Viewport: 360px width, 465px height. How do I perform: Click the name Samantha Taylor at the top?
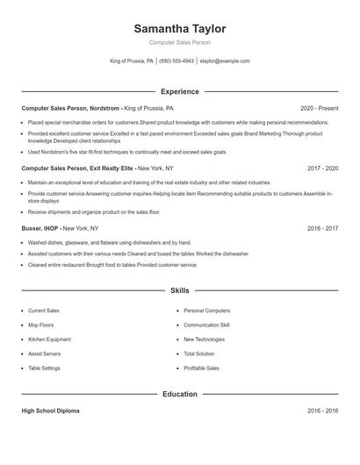[x=179, y=29]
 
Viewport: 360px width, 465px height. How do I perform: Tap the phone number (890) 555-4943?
[x=176, y=61]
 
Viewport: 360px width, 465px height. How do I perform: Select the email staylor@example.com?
[x=225, y=61]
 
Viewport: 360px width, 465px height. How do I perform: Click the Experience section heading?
[x=179, y=91]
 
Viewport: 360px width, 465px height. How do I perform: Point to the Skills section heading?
[x=179, y=290]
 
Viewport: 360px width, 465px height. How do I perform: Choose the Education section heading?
[x=179, y=394]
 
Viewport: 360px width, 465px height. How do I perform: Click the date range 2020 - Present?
[x=319, y=107]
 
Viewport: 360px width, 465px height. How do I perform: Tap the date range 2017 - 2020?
[x=322, y=167]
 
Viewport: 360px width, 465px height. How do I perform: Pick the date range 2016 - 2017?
[x=322, y=227]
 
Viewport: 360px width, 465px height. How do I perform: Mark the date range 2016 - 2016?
[x=322, y=411]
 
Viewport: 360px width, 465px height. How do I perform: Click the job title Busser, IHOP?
[x=40, y=227]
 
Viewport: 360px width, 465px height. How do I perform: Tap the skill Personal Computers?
[x=206, y=311]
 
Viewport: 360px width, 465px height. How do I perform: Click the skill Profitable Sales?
[x=201, y=368]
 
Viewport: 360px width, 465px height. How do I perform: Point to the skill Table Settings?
[x=44, y=368]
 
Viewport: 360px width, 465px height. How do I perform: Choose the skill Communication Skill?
[x=206, y=325]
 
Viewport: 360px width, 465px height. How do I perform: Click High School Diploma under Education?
[x=49, y=411]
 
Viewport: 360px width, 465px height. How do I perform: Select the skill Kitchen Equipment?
[x=49, y=339]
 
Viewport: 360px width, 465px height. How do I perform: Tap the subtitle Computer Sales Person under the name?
[x=179, y=42]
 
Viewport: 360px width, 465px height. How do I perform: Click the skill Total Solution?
[x=199, y=354]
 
